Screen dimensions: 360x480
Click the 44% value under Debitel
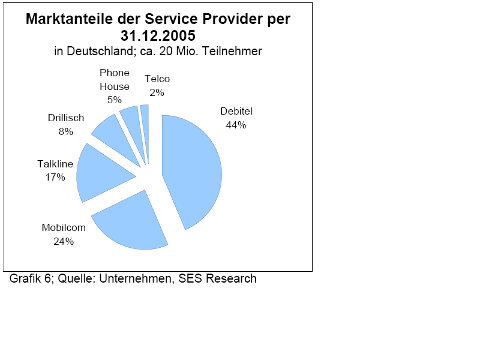coord(236,125)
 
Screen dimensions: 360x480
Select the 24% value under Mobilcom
coord(64,241)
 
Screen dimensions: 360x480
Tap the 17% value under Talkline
coord(55,177)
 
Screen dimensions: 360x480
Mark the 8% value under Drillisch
coord(66,131)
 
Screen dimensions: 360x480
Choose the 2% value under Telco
coord(157,92)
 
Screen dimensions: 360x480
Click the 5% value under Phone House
coord(115,100)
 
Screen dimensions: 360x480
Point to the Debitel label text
coord(236,111)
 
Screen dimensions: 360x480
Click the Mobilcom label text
coord(64,228)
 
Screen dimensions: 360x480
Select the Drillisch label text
coord(66,118)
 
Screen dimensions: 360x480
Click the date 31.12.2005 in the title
coord(158,35)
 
